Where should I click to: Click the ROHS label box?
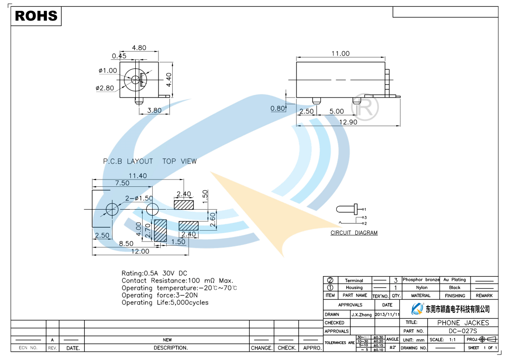(36, 16)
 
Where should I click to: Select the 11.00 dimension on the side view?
(340, 54)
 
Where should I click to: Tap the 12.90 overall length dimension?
(348, 122)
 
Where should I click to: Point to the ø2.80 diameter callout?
(105, 88)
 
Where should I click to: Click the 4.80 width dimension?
(139, 48)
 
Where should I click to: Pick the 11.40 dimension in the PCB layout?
(138, 176)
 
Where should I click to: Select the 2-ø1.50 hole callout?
(139, 198)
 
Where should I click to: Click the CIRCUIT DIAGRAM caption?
(354, 233)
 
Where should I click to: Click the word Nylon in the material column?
(422, 288)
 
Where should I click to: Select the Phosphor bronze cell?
(421, 280)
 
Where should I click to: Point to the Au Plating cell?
(455, 280)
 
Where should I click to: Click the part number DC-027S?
(463, 331)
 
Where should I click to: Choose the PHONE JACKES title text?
(463, 323)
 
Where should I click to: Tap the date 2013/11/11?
(387, 314)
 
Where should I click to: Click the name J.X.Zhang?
(362, 314)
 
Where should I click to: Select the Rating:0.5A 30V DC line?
(154, 273)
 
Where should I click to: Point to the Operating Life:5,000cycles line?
(165, 303)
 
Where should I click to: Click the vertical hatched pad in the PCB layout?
(160, 230)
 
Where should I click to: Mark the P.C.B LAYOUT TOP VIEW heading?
(150, 161)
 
